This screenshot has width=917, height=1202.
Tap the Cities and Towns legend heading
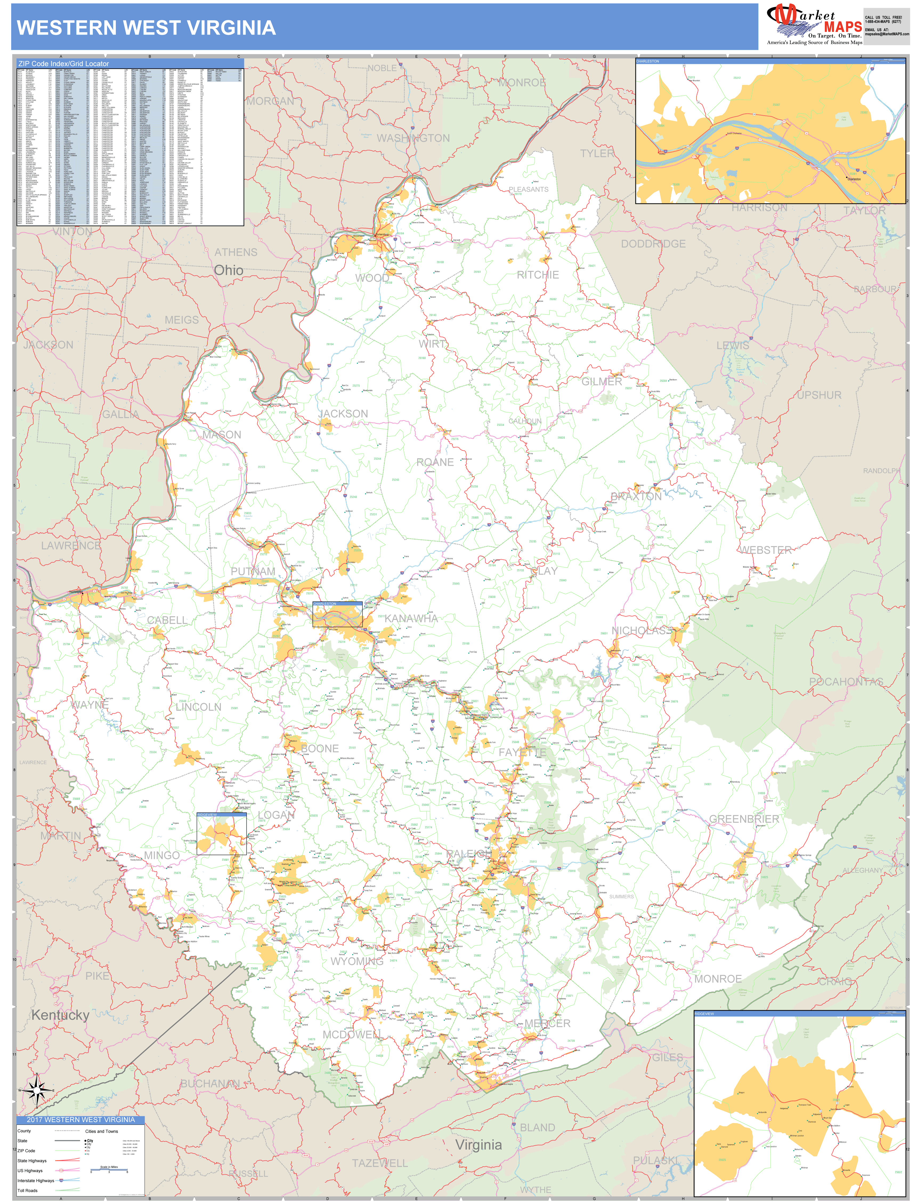point(102,1131)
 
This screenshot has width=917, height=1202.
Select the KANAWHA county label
point(411,618)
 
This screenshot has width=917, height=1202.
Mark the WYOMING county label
point(357,961)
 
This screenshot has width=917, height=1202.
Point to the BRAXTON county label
point(636,496)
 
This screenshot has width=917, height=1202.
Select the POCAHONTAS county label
point(846,682)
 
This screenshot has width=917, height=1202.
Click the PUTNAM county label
point(253,571)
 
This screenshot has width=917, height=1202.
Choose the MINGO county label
point(161,855)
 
